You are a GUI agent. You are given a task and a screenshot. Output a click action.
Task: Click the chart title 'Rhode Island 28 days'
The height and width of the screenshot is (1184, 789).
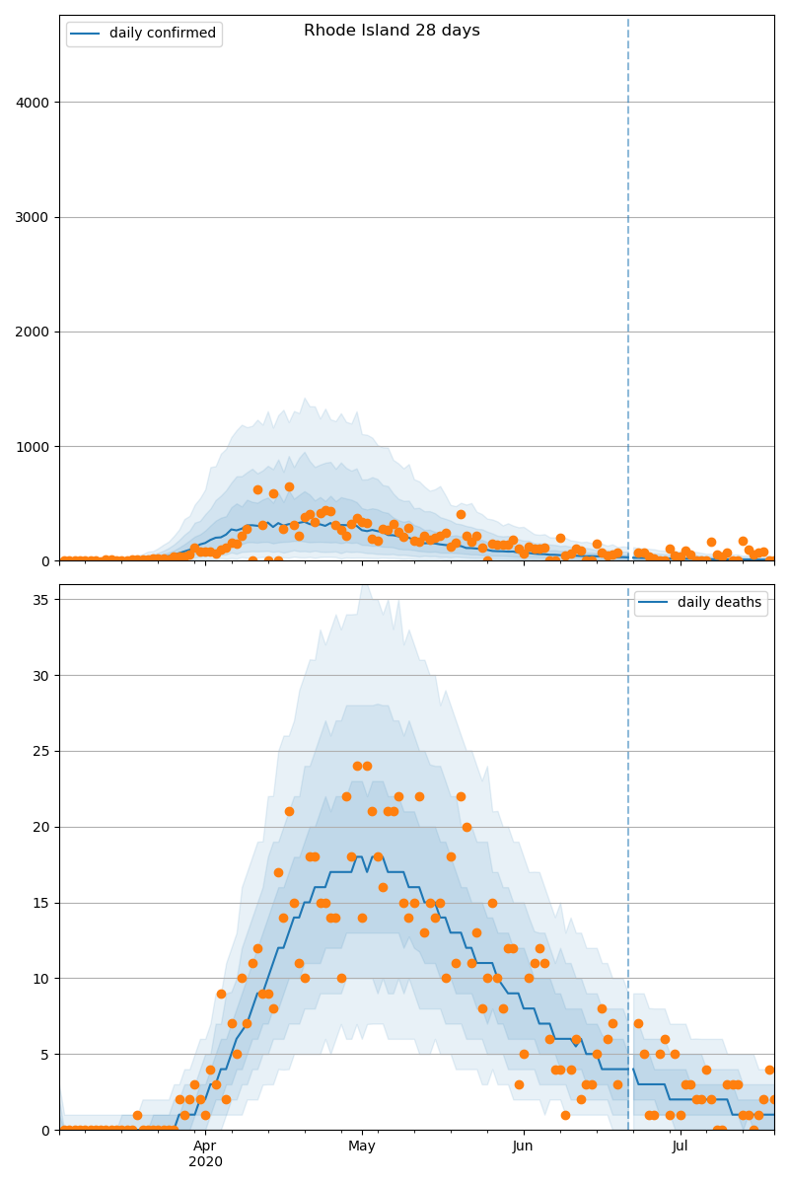pos(392,31)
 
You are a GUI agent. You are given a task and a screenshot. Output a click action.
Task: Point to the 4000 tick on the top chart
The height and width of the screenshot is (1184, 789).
pos(36,103)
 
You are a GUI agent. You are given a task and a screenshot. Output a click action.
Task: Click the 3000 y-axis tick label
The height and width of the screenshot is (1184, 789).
pos(36,217)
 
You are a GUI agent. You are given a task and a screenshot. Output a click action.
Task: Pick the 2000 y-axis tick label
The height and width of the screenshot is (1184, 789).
pos(36,332)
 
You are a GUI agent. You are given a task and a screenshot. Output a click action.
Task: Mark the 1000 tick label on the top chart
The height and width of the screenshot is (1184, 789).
pos(36,446)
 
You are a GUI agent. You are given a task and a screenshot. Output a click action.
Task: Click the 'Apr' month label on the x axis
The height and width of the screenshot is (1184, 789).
pos(205,1147)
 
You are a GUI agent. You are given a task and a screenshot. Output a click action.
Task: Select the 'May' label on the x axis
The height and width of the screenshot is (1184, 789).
pos(362,1147)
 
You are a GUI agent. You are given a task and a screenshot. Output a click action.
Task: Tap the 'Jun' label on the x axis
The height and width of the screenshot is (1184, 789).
pos(523,1147)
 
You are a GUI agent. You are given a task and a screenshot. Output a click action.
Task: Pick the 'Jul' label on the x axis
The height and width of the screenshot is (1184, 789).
pos(681,1147)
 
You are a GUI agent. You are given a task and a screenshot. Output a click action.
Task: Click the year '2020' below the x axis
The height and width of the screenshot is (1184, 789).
pos(205,1161)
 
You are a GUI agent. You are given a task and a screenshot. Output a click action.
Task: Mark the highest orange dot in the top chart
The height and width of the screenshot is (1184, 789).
pos(289,486)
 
